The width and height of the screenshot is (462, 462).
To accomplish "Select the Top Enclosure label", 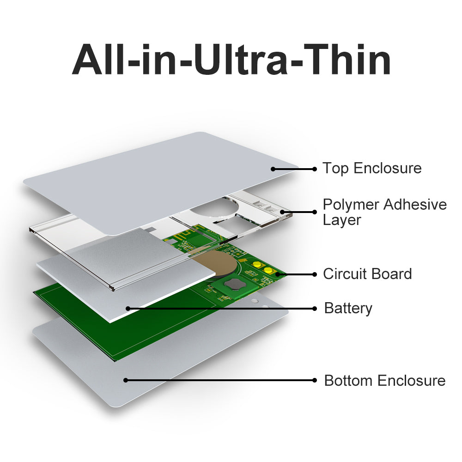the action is click(x=372, y=169).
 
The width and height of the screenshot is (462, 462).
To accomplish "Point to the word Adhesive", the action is click(x=415, y=205).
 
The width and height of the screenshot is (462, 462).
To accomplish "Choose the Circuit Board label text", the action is click(x=367, y=274).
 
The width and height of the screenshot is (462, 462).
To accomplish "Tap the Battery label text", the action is click(x=348, y=309).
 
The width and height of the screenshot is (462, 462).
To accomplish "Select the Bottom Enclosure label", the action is click(x=385, y=380).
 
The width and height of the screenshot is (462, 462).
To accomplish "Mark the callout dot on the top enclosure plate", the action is click(x=273, y=169).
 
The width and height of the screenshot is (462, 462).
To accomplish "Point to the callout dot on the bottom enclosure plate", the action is click(x=126, y=380).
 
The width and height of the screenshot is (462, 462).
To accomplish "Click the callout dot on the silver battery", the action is click(x=128, y=309).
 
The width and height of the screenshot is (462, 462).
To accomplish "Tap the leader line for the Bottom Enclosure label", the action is click(x=220, y=380).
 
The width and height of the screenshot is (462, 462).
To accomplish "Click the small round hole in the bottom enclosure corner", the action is click(x=255, y=301).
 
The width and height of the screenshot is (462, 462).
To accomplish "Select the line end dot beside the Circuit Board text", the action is click(x=315, y=274).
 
